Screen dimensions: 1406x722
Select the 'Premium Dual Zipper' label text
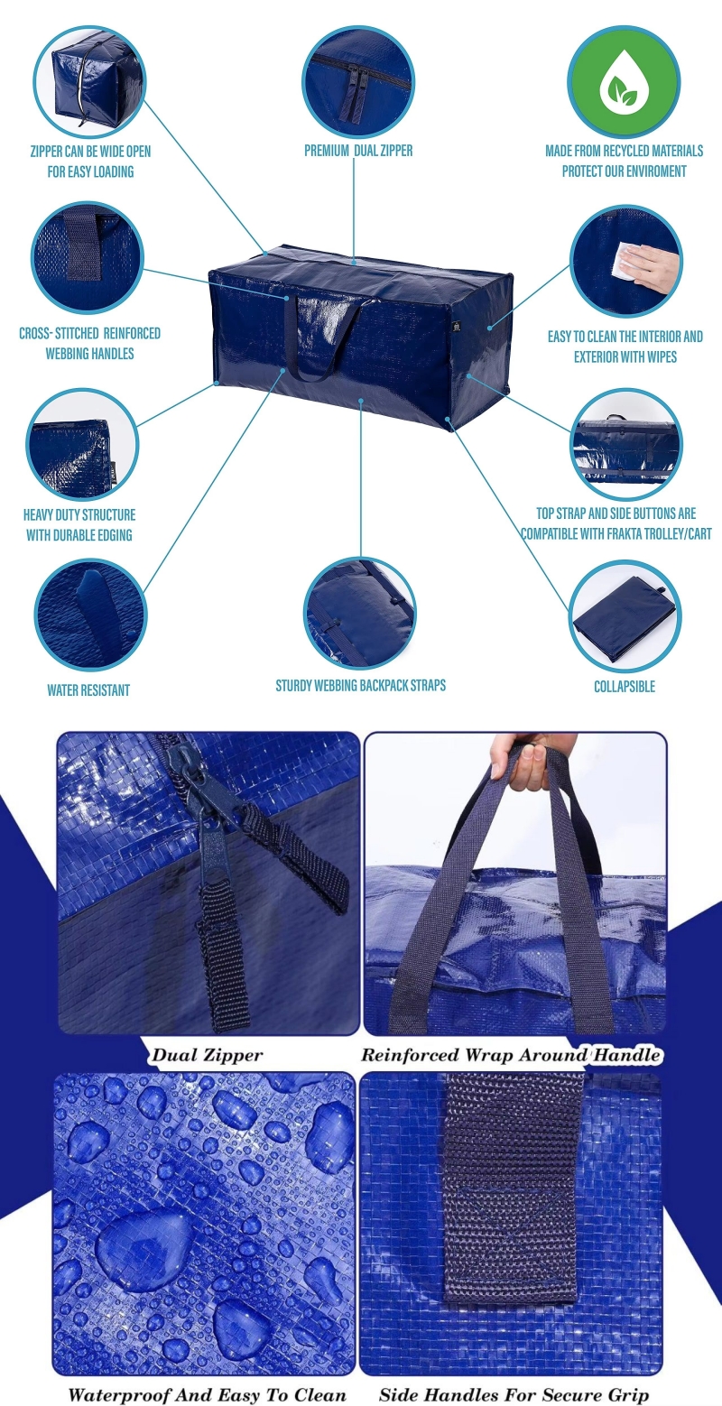pos(358,151)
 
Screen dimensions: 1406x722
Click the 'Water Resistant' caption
pos(88,690)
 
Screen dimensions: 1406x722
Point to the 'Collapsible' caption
pos(624,687)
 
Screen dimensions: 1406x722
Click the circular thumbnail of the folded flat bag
pos(625,615)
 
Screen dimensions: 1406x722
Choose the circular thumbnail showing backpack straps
pos(360,613)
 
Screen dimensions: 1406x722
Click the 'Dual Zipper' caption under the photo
pos(207,1055)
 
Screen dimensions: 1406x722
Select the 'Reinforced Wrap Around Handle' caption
pos(511,1055)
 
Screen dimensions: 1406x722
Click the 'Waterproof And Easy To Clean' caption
pos(207,1394)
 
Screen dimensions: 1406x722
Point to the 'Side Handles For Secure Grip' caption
pos(513,1394)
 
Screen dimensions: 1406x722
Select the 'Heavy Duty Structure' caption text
pos(79,515)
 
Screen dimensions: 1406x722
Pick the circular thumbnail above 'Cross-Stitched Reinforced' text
pos(88,257)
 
